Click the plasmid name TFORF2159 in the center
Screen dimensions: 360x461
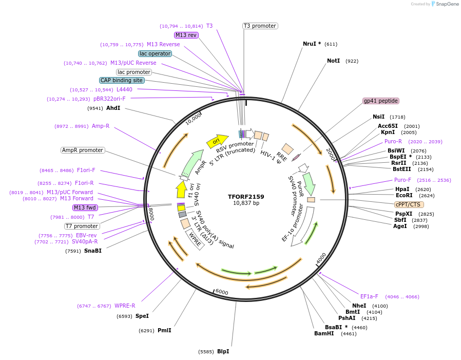pos(246,197)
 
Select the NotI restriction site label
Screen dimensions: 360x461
pos(334,61)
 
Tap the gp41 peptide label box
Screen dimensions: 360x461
pos(381,101)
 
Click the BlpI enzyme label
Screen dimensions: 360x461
pos(223,351)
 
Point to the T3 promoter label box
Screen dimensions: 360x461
pos(260,26)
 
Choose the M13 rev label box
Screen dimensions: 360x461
pos(186,35)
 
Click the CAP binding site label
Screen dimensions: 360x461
pos(122,80)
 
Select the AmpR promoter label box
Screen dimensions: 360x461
pos(83,150)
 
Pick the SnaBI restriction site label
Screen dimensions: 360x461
pos(93,251)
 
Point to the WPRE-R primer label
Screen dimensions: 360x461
pos(125,306)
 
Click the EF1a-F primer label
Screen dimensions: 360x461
pos(369,296)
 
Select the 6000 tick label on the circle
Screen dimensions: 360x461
pos(222,292)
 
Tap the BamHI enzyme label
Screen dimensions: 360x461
pos(324,333)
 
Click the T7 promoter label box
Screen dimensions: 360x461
pos(82,226)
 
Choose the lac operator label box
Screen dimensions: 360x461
pos(155,53)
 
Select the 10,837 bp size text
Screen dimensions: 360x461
pos(246,203)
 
